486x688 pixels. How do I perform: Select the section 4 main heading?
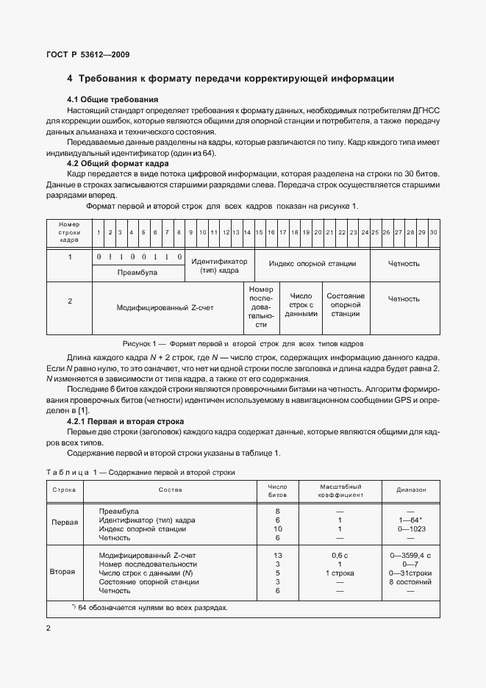coord(231,78)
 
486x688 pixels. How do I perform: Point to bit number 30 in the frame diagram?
coord(433,232)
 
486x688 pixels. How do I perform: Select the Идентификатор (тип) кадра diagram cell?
coord(219,265)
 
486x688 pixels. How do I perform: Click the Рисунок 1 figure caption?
coord(242,343)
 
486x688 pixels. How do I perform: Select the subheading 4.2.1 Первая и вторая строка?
coord(125,421)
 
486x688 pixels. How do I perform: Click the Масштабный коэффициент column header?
coord(339,491)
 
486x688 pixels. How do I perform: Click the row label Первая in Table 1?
coord(64,524)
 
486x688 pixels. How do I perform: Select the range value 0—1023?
coord(410,528)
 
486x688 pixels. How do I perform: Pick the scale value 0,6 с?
coord(339,555)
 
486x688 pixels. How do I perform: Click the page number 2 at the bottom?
coord(48,628)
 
